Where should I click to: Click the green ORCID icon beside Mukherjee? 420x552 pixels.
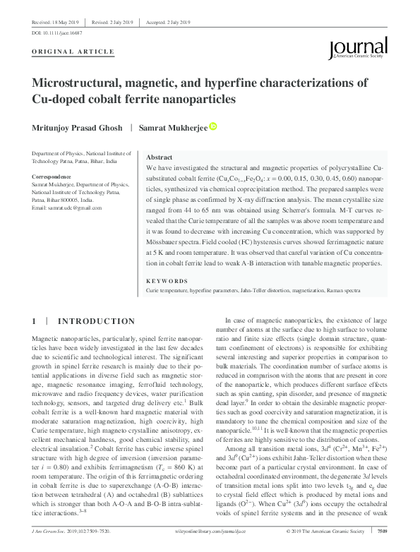pyautogui.click(x=213, y=127)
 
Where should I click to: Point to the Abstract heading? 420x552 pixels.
pyautogui.click(x=159, y=157)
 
